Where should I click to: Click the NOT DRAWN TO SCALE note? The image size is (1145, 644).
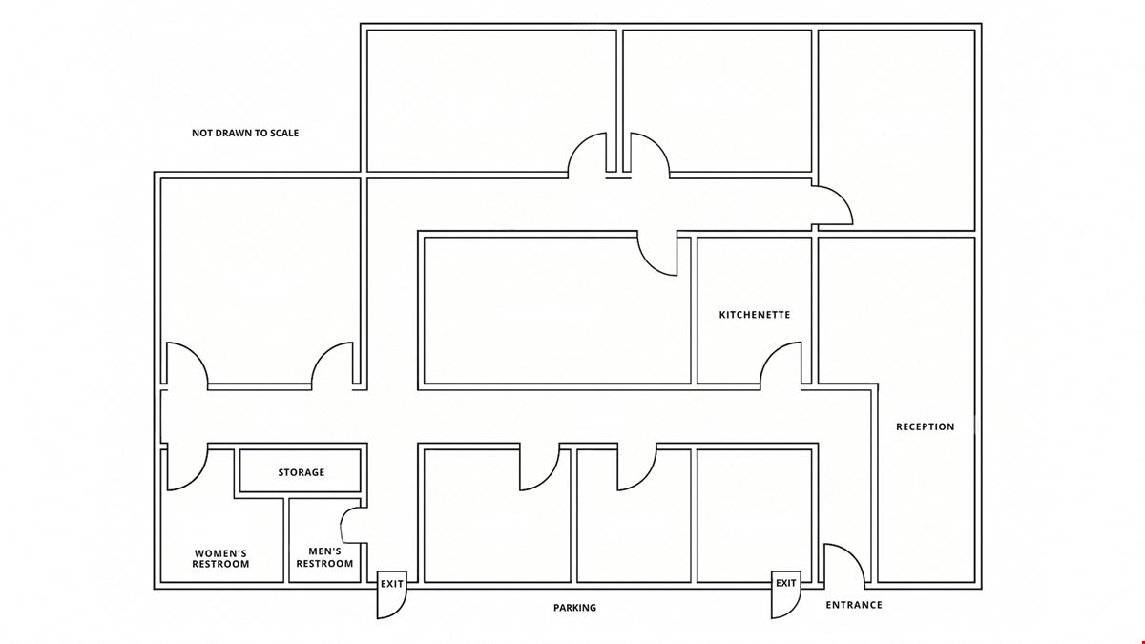pyautogui.click(x=245, y=133)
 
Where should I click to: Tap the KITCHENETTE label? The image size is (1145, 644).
pyautogui.click(x=755, y=315)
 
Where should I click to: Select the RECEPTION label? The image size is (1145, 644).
pyautogui.click(x=926, y=426)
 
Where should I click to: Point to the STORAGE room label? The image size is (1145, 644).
pyautogui.click(x=302, y=472)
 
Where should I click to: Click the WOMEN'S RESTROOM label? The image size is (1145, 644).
pyautogui.click(x=220, y=559)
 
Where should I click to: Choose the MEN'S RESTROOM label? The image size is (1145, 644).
pyautogui.click(x=324, y=557)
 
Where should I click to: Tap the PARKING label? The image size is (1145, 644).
pyautogui.click(x=574, y=608)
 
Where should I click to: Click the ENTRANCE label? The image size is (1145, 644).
pyautogui.click(x=854, y=605)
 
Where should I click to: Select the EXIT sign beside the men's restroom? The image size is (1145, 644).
pyautogui.click(x=392, y=584)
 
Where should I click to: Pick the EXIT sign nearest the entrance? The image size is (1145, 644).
pyautogui.click(x=785, y=583)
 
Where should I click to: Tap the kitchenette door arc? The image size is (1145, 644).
pyautogui.click(x=772, y=354)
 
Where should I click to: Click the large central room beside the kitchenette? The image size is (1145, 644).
pyautogui.click(x=557, y=310)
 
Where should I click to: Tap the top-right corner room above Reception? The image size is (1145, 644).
pyautogui.click(x=897, y=130)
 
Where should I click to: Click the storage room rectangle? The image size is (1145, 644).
pyautogui.click(x=301, y=470)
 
